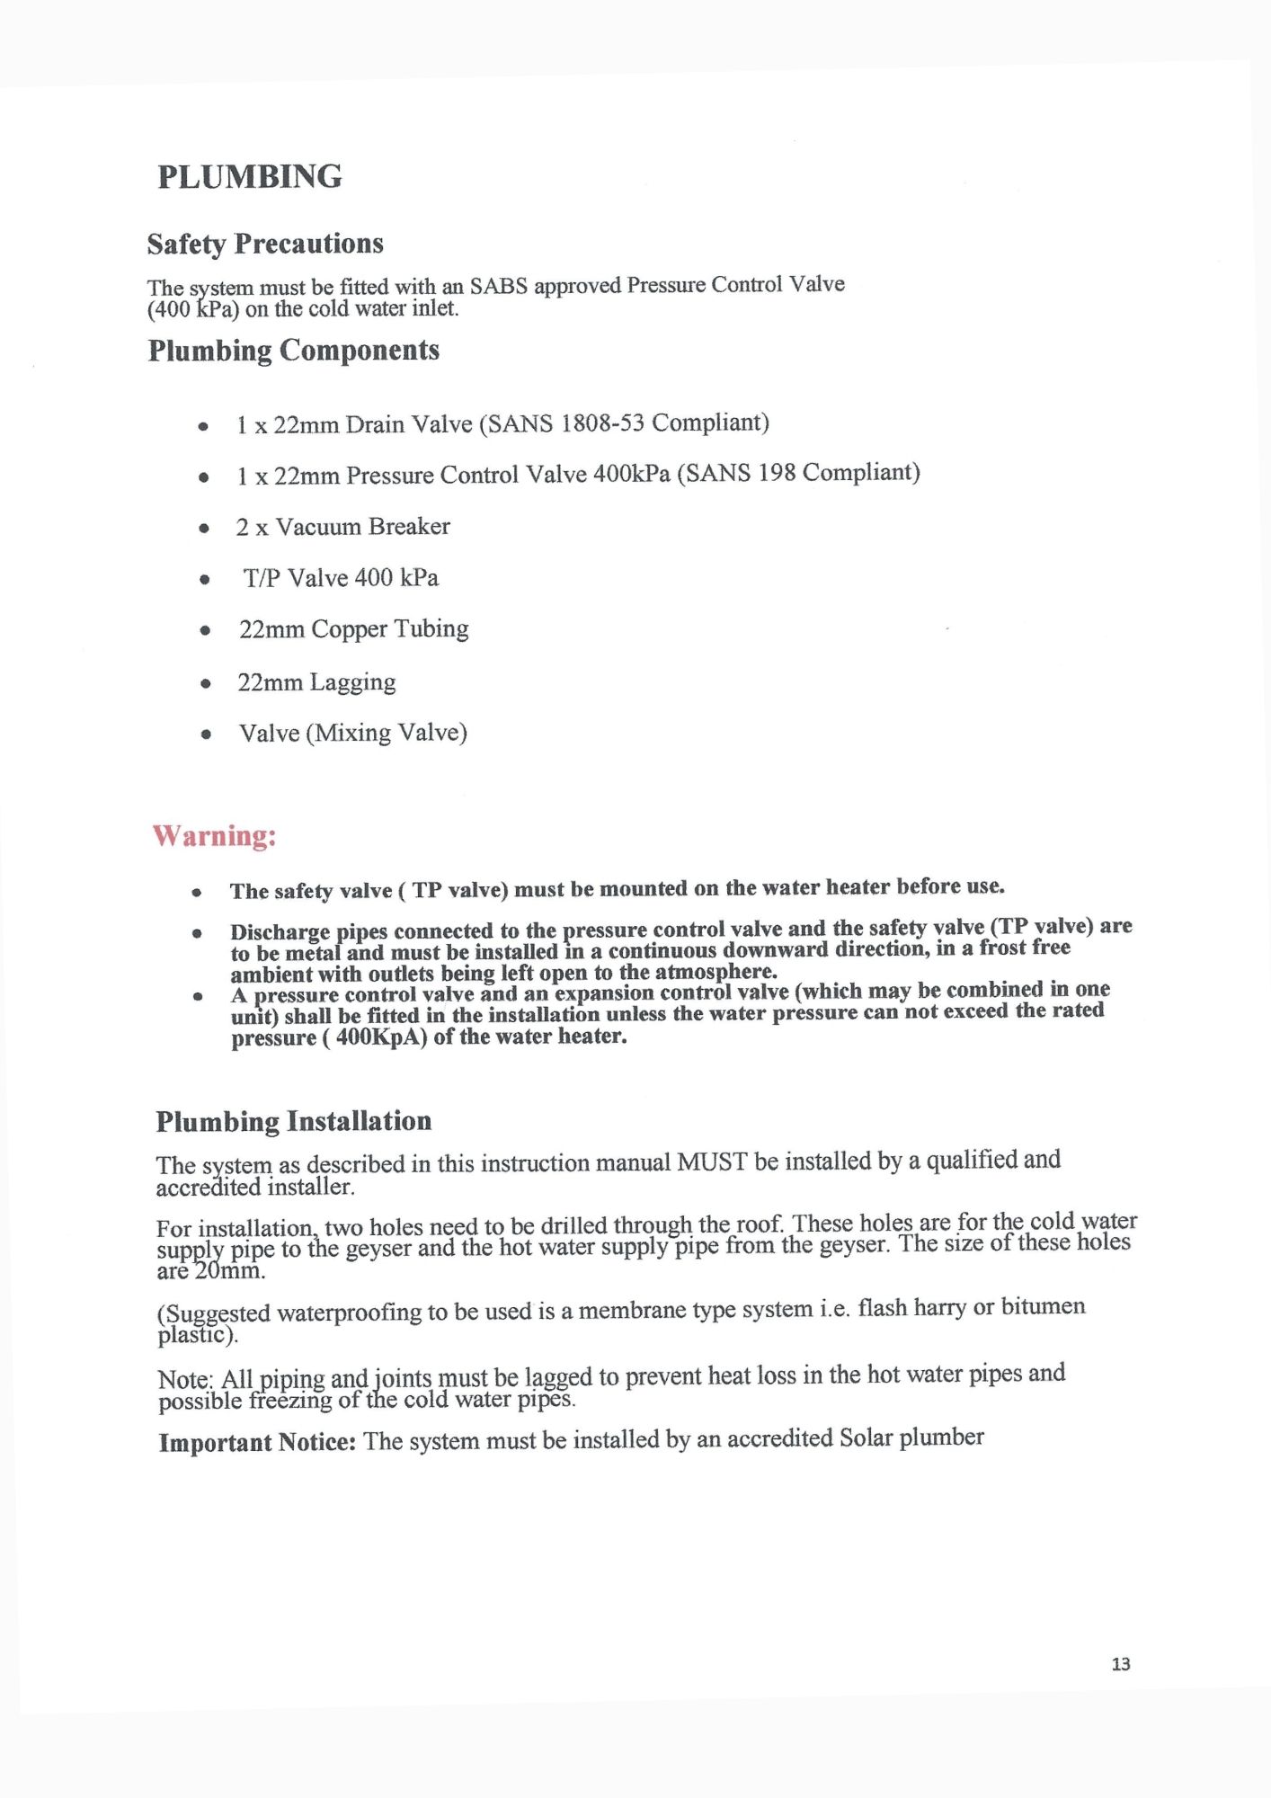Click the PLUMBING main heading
pos(250,177)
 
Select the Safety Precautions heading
pos(265,245)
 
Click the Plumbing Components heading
pos(294,351)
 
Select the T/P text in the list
pos(262,578)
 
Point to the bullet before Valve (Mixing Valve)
pos(207,734)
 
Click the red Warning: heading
pos(214,836)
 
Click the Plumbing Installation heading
pos(294,1122)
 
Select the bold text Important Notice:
pos(257,1443)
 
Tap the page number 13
pos(1120,1664)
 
